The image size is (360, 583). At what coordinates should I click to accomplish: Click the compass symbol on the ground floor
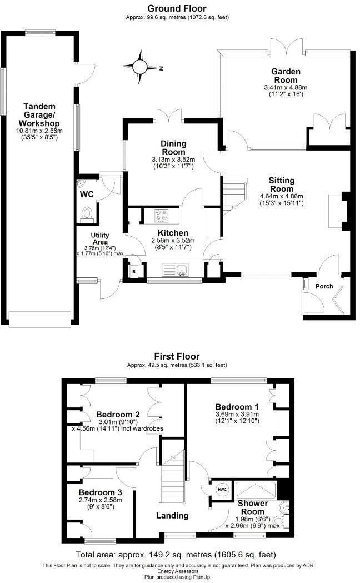(x=139, y=67)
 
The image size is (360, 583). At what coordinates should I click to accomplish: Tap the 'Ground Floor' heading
(x=177, y=8)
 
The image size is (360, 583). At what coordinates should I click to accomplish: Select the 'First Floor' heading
(x=177, y=356)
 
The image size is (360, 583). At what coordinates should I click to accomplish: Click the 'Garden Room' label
(x=286, y=76)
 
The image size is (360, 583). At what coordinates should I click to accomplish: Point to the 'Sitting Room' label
(x=281, y=185)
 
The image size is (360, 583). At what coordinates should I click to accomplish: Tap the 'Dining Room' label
(x=174, y=147)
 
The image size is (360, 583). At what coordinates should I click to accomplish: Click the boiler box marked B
(x=134, y=271)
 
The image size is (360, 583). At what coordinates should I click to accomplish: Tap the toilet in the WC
(x=87, y=213)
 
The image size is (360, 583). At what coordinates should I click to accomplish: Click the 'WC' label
(x=86, y=194)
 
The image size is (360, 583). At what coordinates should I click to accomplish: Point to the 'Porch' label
(x=324, y=286)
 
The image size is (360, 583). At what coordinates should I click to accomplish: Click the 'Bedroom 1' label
(x=237, y=405)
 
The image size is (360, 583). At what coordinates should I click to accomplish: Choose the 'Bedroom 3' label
(x=100, y=492)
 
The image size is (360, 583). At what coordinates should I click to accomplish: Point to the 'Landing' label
(x=172, y=515)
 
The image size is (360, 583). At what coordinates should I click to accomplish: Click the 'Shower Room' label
(x=253, y=507)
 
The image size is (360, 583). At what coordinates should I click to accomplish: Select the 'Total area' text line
(x=176, y=555)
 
